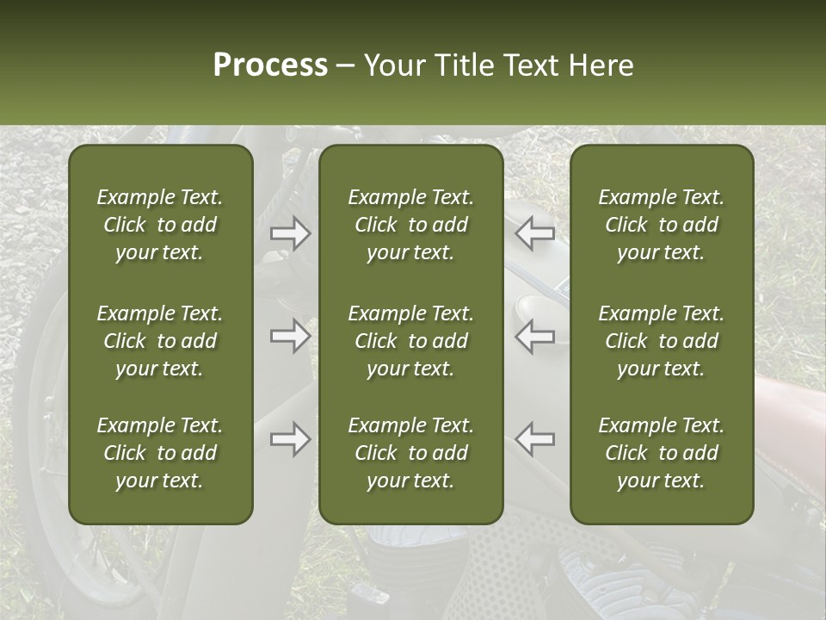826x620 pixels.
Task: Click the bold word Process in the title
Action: coord(270,65)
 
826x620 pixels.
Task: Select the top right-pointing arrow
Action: coord(290,233)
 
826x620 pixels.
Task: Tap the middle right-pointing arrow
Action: coord(290,336)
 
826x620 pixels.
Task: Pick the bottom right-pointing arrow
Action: coord(290,439)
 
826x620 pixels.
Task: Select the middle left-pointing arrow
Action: coord(535,336)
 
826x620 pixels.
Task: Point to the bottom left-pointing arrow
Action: coord(535,439)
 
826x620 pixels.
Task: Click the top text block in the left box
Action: coord(160,225)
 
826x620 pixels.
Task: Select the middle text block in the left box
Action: coord(160,341)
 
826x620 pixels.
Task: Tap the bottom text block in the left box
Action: coord(160,453)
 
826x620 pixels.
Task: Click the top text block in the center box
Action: coord(410,225)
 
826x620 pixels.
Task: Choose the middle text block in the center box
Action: coord(410,341)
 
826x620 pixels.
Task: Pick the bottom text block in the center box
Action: coord(410,453)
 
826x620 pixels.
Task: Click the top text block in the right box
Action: coord(661,225)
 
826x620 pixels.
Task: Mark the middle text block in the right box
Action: coord(661,341)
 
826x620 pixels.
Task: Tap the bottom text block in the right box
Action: coord(661,453)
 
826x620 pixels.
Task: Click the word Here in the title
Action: coord(601,65)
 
